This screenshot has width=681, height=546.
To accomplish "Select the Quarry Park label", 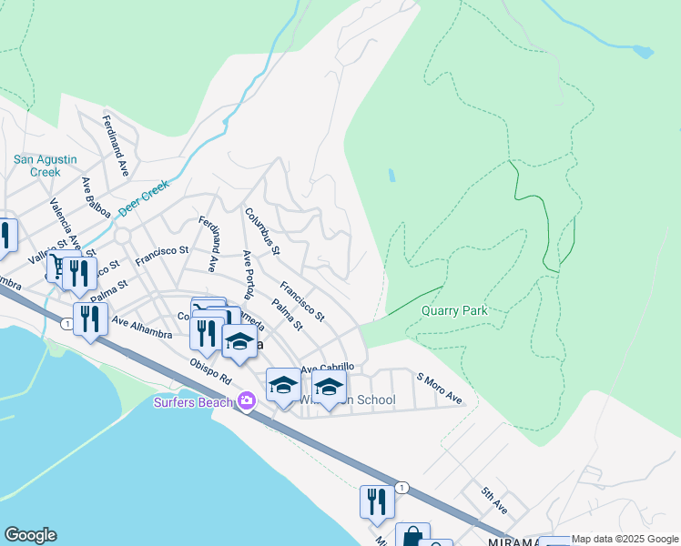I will tap(454, 310).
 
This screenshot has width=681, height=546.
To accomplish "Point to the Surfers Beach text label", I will tap(194, 401).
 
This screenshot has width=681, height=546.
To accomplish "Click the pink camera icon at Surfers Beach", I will tap(247, 400).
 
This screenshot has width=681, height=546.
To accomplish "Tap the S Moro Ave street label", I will tap(440, 389).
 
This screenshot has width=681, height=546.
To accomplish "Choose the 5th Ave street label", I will tap(495, 500).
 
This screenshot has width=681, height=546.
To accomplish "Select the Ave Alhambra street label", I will tap(141, 327).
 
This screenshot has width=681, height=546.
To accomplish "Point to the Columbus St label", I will tap(262, 231).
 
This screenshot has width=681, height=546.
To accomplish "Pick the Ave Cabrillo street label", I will tap(327, 368).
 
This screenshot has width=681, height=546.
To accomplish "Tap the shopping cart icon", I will tap(57, 265).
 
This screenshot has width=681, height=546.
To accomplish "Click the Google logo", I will tap(30, 535).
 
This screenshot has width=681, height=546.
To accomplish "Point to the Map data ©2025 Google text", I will tap(625, 540).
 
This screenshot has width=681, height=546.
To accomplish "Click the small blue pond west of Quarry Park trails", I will tap(391, 175).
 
